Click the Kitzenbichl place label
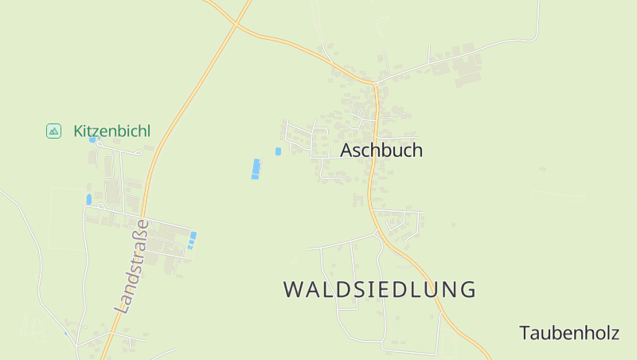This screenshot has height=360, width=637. click(111, 131)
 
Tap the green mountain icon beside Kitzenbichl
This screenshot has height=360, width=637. click(53, 131)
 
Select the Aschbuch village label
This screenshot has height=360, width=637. click(381, 151)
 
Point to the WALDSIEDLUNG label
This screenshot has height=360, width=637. click(380, 289)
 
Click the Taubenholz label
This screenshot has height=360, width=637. click(569, 333)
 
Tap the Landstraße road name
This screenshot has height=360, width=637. click(132, 265)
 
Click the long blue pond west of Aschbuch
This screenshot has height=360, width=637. click(256, 169)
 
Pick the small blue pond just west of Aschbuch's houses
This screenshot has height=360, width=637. click(278, 151)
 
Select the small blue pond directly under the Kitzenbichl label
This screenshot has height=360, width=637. click(93, 140)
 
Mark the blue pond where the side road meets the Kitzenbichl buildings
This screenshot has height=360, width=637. click(89, 199)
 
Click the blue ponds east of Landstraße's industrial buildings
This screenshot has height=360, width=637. click(192, 240)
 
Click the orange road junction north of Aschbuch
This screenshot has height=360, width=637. click(374, 83)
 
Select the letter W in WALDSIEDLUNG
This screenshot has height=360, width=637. click(293, 290)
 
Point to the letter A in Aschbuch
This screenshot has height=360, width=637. click(346, 151)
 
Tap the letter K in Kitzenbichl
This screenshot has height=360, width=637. click(79, 131)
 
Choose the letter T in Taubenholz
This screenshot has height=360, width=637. click(525, 333)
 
